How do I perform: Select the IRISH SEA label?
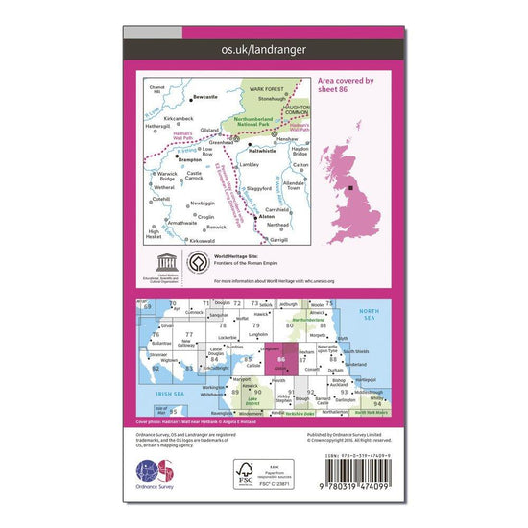170,395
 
